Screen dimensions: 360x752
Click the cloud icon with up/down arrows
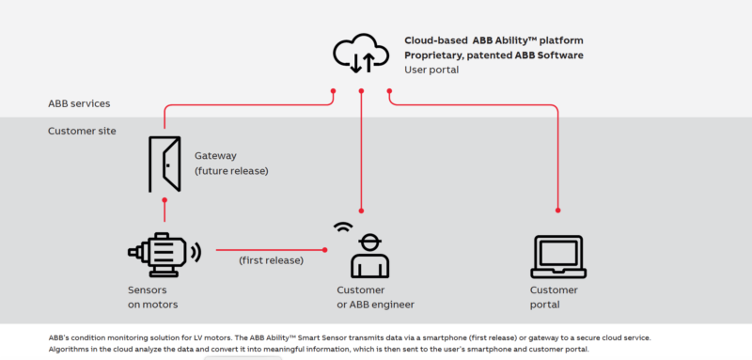[x=361, y=54]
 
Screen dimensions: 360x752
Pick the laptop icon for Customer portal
[x=558, y=255]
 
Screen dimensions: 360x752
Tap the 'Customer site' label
[x=82, y=131]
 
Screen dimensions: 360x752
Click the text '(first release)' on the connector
[x=270, y=259]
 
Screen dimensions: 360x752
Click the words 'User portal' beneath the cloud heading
[x=433, y=70]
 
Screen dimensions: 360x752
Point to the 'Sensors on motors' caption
[x=153, y=297]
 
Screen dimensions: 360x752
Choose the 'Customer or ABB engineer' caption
[x=375, y=297]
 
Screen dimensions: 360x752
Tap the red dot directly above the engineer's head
[x=362, y=211]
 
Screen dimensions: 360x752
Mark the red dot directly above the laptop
[x=558, y=211]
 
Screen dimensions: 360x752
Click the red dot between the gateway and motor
[x=164, y=200]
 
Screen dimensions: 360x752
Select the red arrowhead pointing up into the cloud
[x=362, y=92]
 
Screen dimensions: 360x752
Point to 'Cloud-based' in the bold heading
[x=436, y=40]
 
